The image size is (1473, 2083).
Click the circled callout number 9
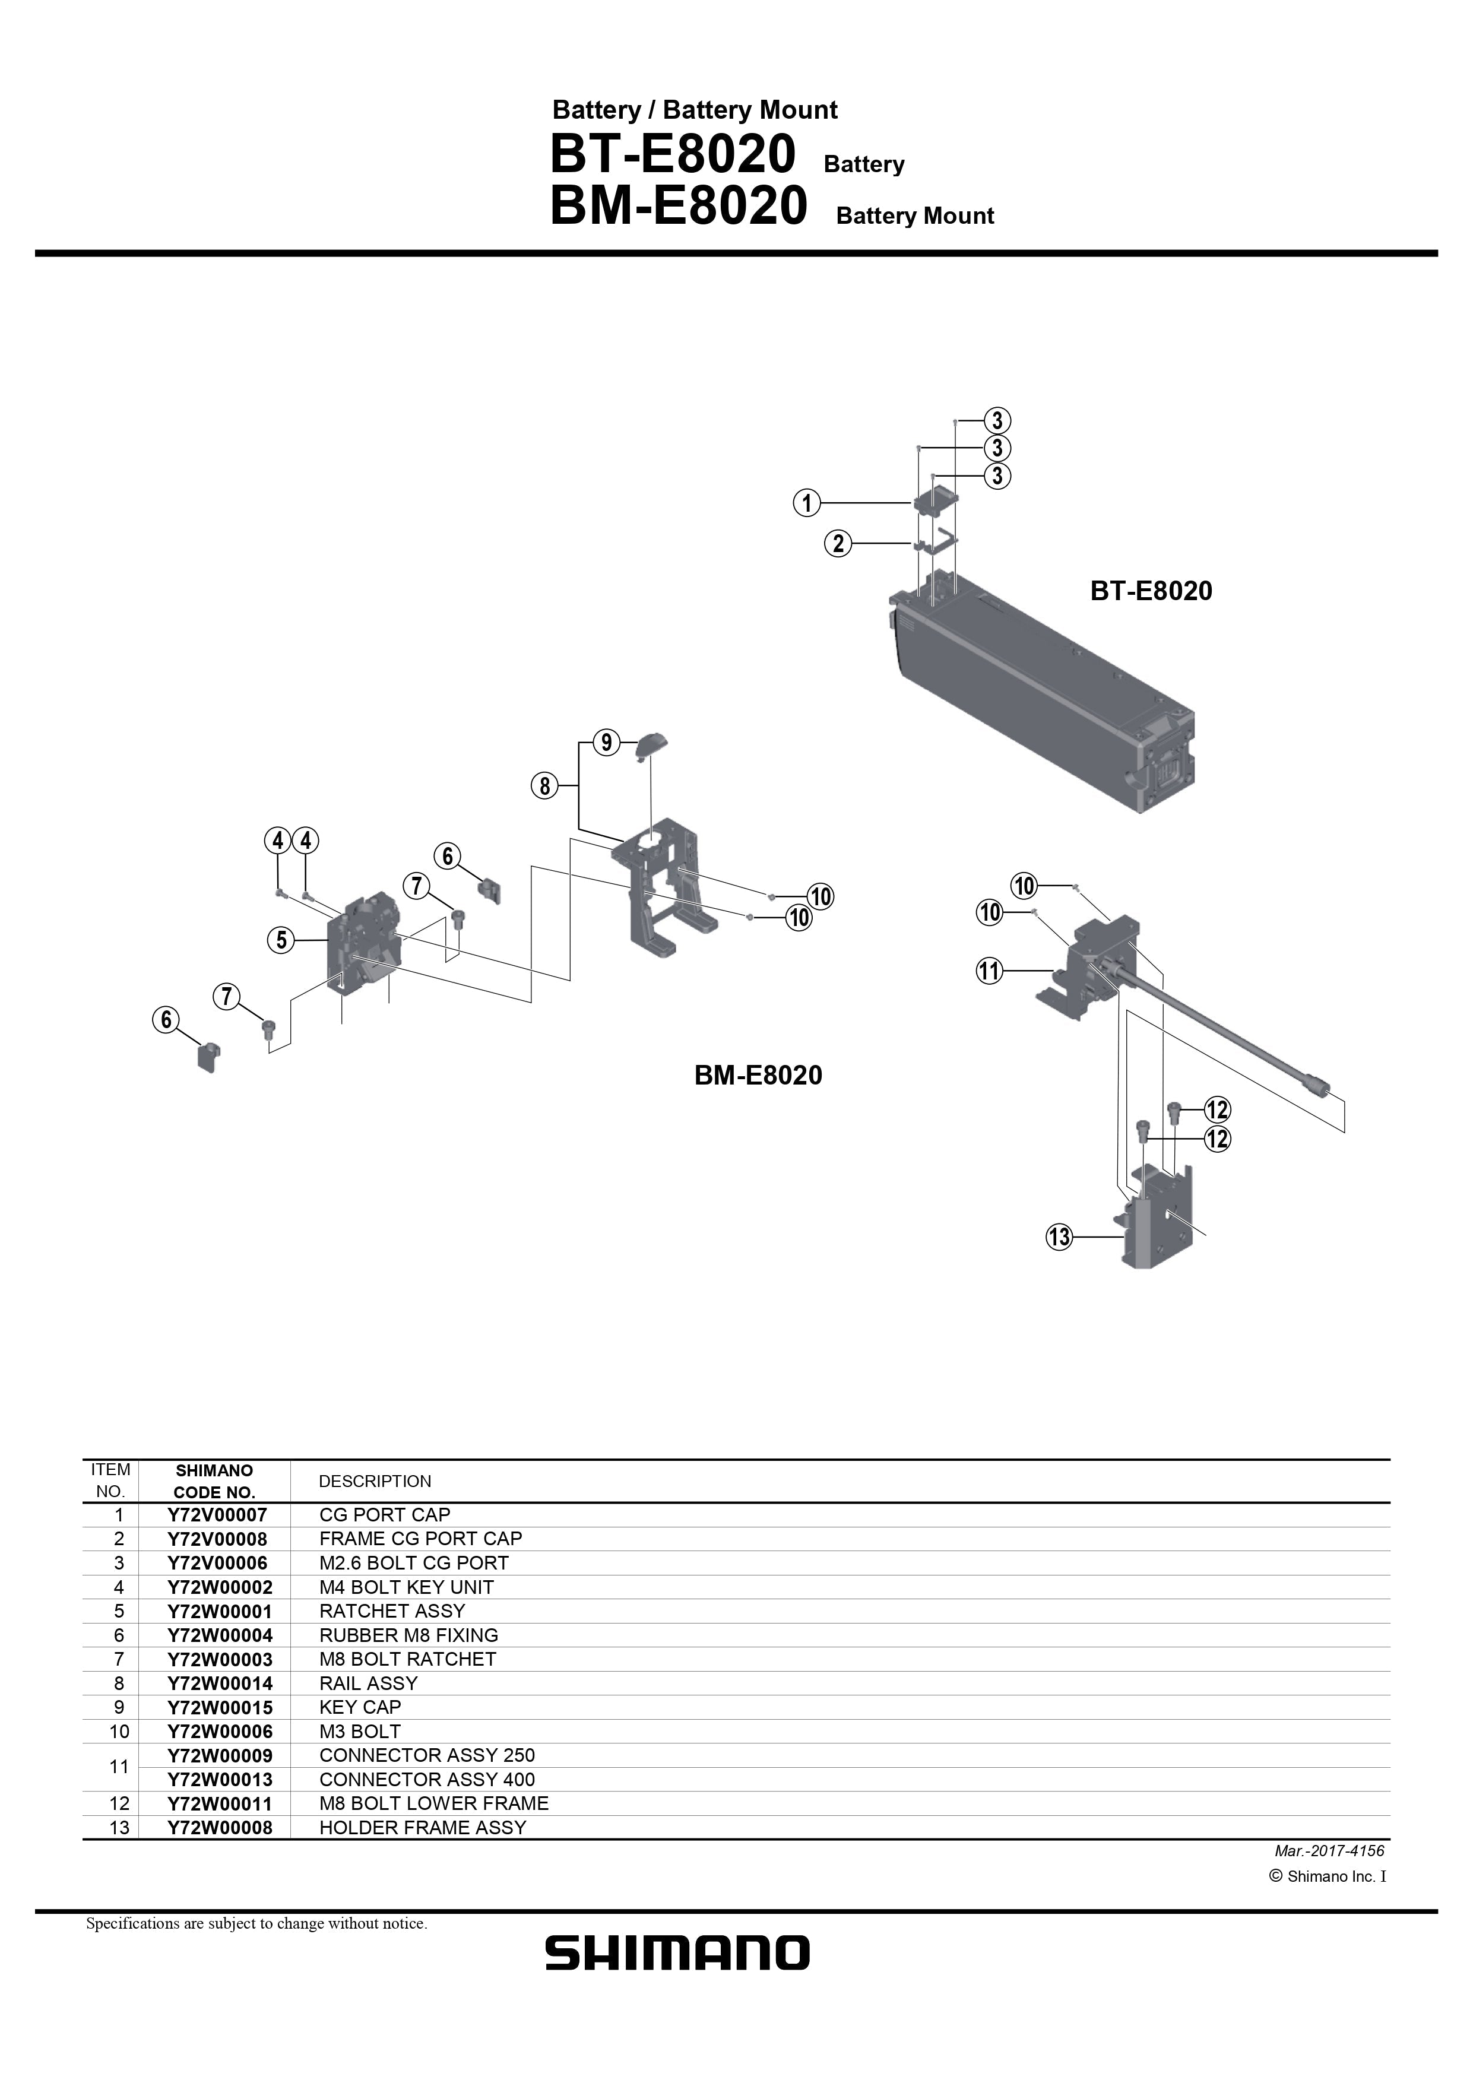pos(606,743)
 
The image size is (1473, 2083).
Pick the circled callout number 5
pos(281,940)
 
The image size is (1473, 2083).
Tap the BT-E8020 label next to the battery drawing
pos(1150,591)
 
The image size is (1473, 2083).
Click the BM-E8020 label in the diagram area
pos(758,1076)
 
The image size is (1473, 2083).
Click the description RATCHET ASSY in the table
pos(391,1611)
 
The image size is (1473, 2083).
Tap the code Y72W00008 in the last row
pos(220,1828)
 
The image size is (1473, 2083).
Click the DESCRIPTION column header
pos(375,1482)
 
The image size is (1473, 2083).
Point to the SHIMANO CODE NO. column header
pos(214,1482)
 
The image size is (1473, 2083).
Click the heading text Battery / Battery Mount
pos(694,110)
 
